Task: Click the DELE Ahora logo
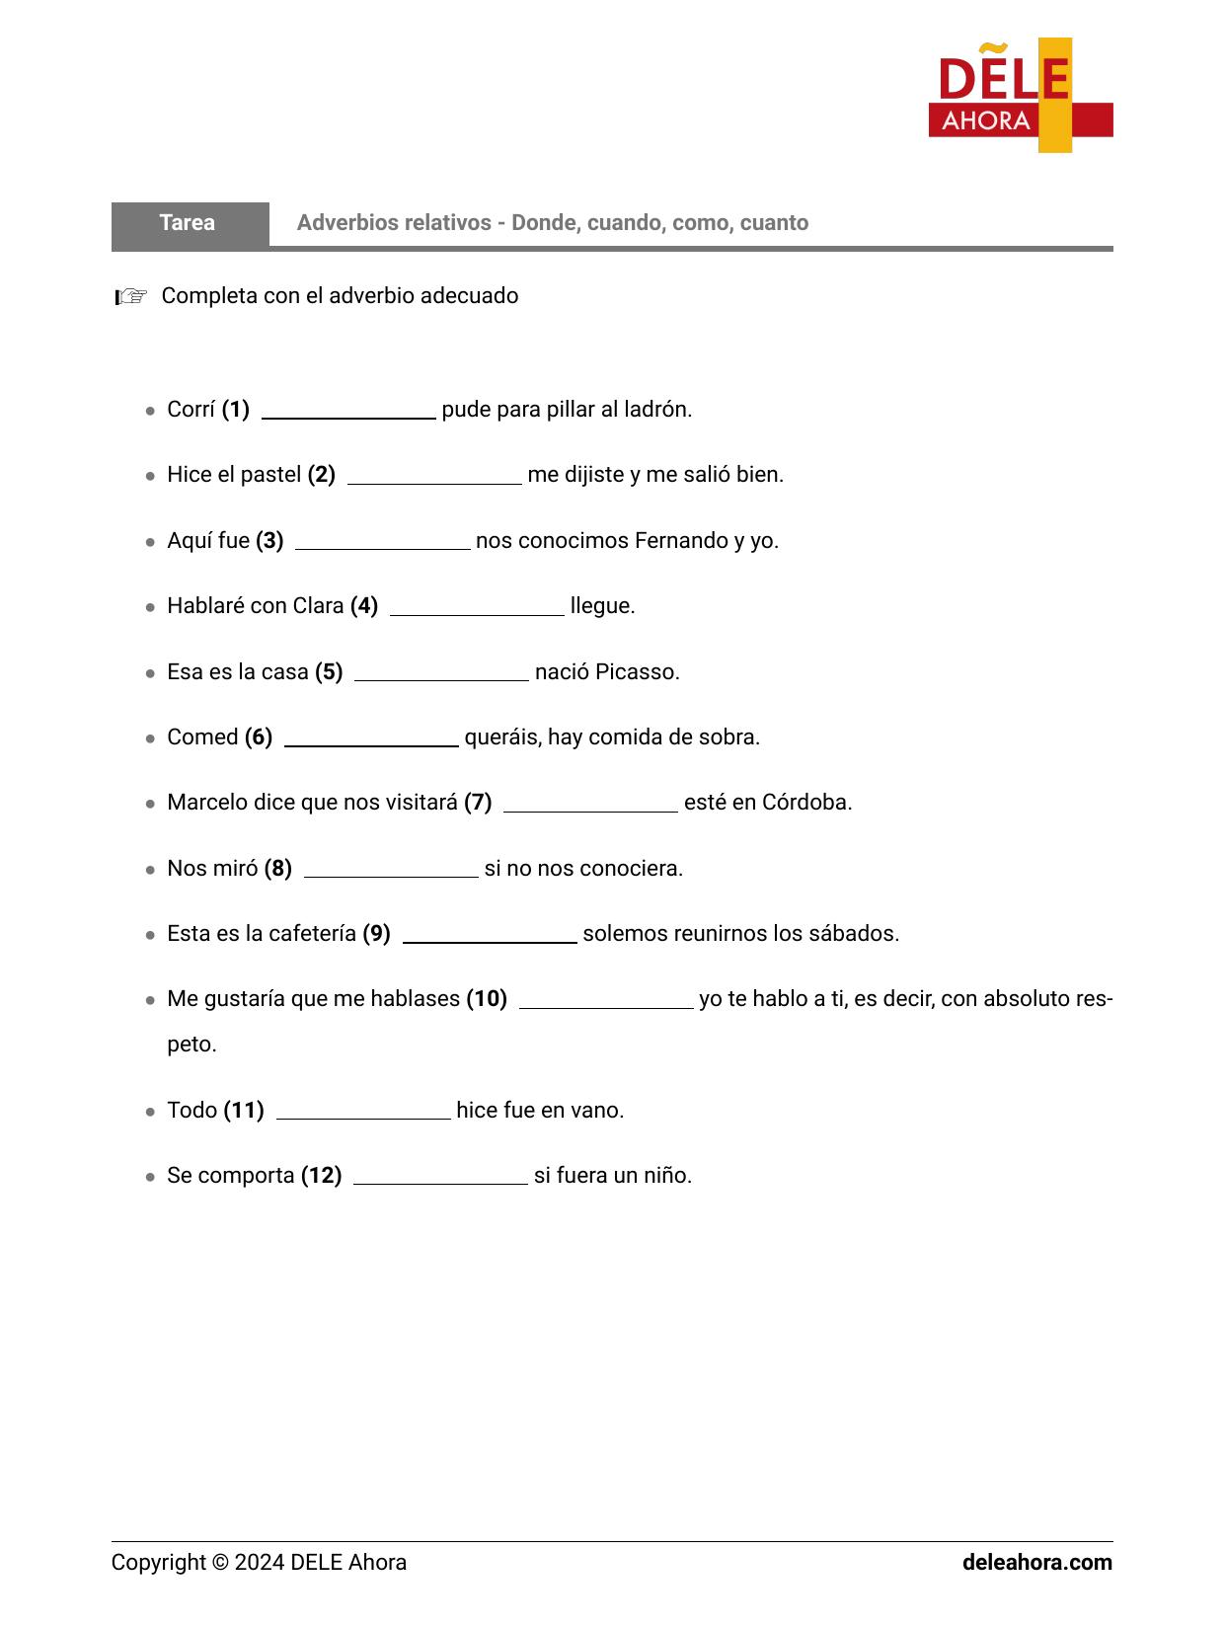1020,96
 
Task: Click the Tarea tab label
188,223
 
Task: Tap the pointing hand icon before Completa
131,296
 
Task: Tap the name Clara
318,606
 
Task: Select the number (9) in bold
376,934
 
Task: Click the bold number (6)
259,737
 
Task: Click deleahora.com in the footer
1036,1563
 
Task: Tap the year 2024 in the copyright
260,1563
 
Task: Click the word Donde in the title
543,223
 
